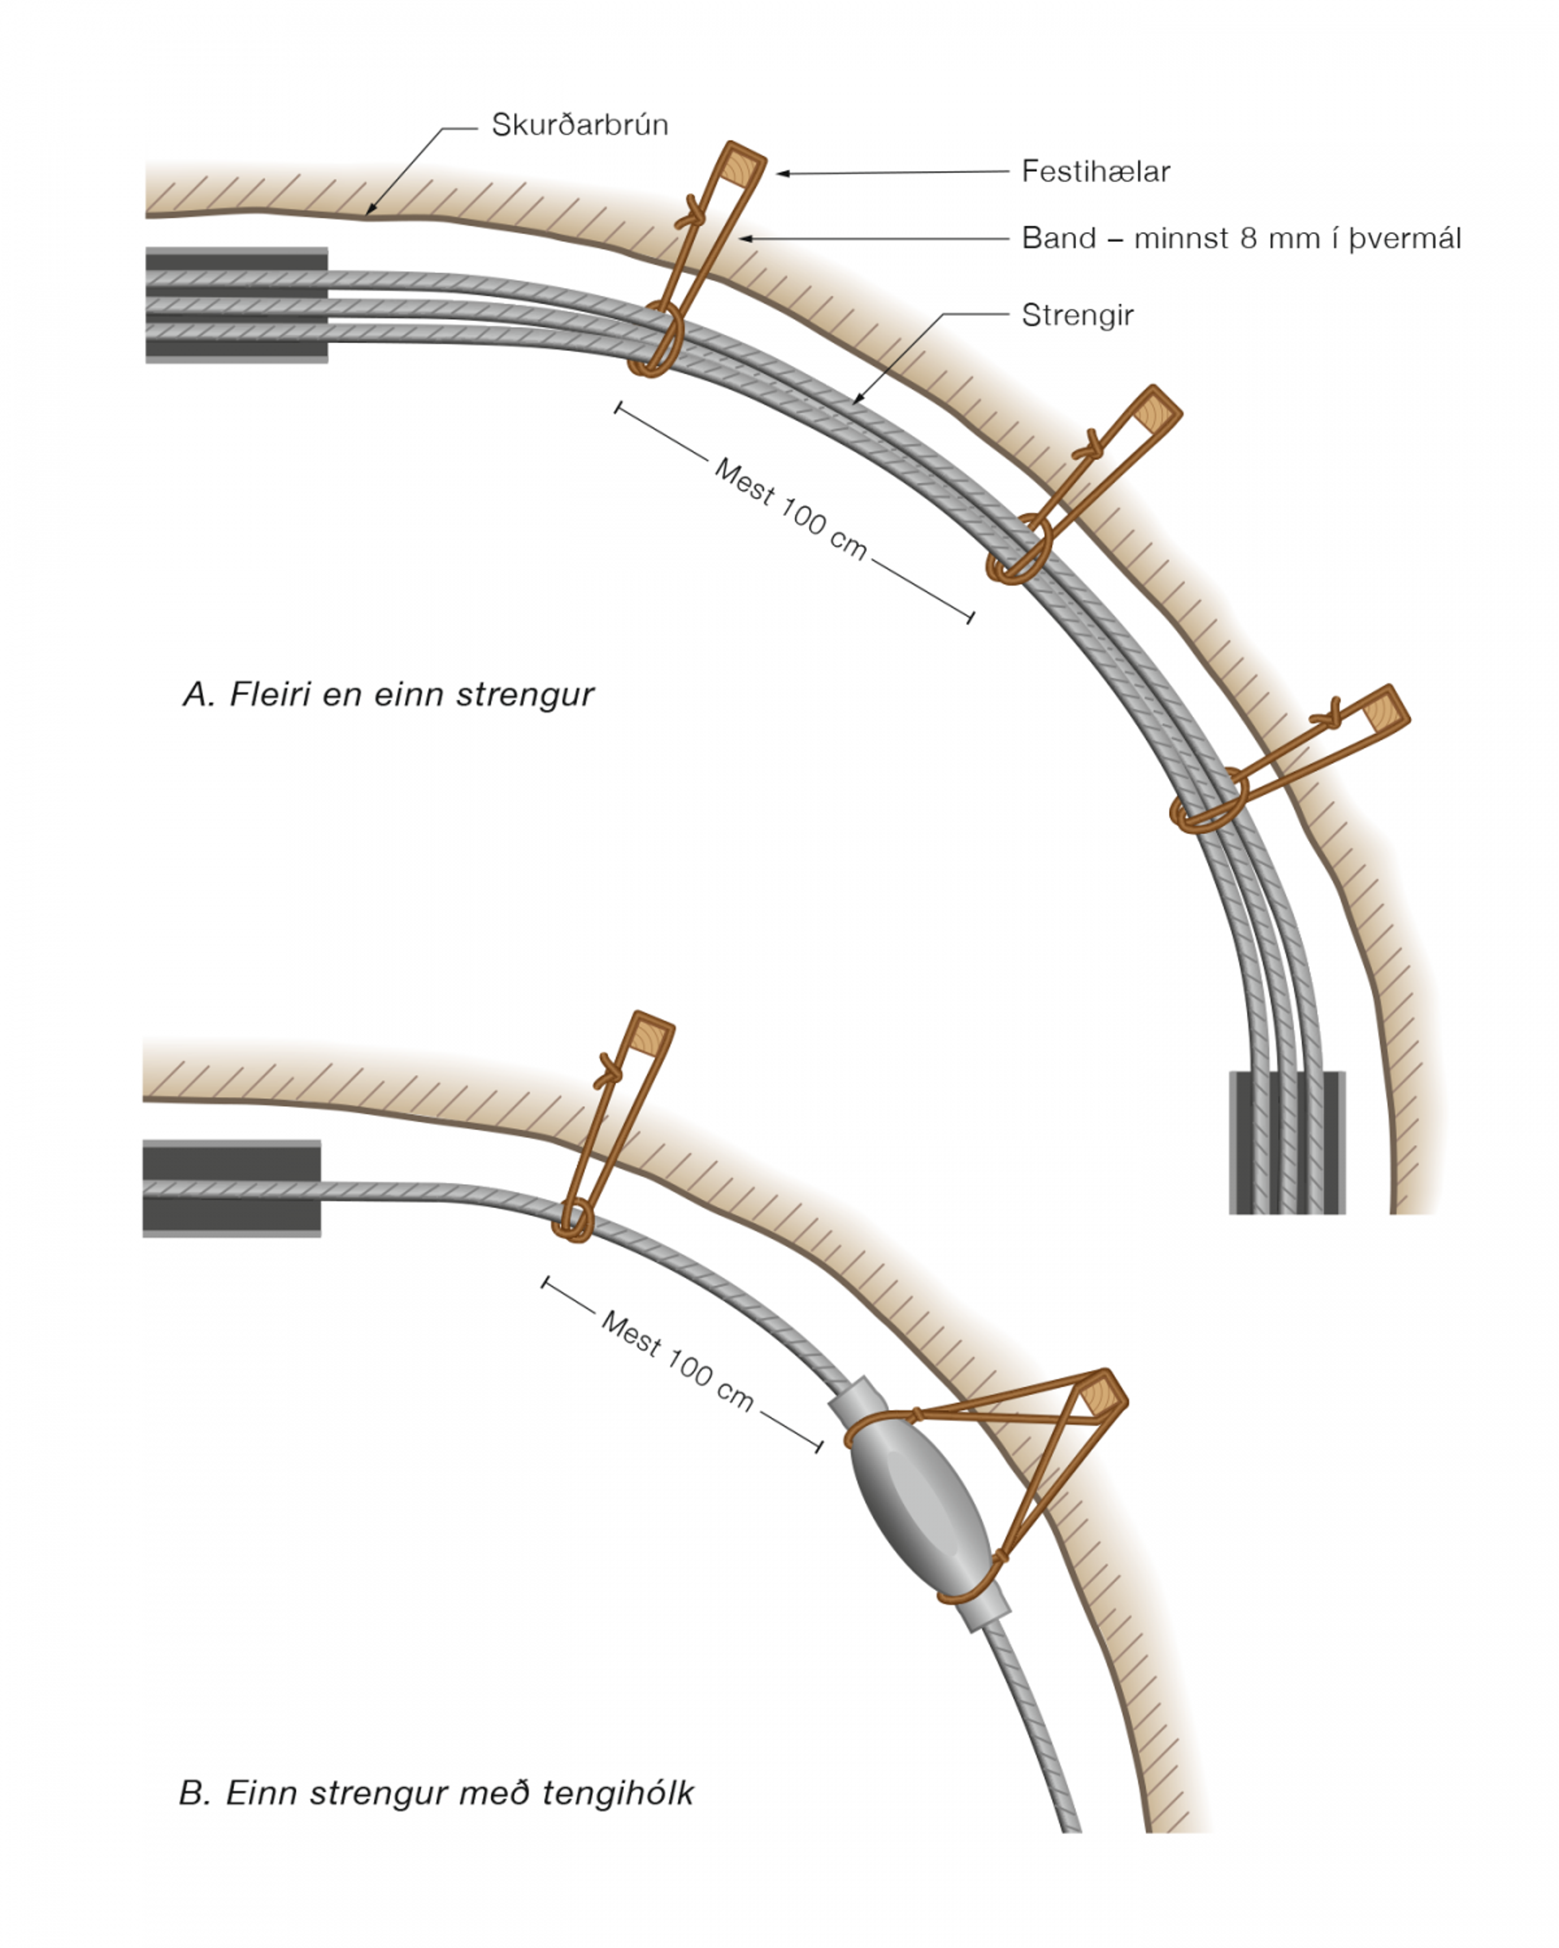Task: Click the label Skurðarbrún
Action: point(579,125)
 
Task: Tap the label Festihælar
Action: point(1095,172)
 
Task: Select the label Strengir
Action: point(1077,315)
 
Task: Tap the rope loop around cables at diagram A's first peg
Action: point(657,342)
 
